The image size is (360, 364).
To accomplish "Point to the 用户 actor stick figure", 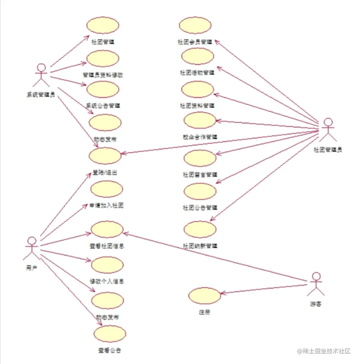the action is click(31, 249).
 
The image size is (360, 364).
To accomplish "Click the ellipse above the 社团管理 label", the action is click(103, 26).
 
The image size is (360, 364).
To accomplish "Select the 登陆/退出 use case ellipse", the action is click(105, 155).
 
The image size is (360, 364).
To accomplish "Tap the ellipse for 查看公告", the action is click(110, 334).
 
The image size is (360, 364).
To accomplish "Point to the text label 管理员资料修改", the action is click(103, 75).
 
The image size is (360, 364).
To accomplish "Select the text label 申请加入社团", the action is click(107, 206).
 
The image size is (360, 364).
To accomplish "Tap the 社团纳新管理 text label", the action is click(200, 246).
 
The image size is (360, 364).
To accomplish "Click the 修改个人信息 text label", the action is click(107, 281).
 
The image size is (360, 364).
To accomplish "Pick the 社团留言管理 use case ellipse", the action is click(200, 158).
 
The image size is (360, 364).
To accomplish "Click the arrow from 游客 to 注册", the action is click(263, 289).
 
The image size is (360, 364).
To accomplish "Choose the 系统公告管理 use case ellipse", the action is click(103, 89).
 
